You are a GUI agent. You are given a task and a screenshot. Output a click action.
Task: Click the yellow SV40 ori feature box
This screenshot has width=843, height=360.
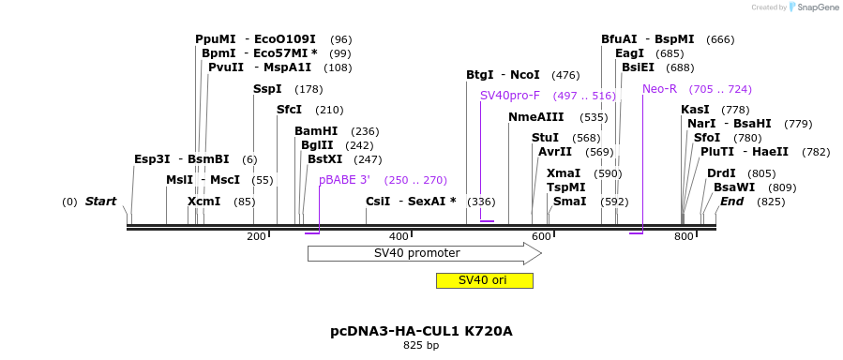(x=484, y=280)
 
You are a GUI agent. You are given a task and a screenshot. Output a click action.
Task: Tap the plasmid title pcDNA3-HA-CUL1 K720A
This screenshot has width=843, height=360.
(x=421, y=331)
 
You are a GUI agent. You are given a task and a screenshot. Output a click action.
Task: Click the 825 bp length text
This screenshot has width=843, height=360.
(x=421, y=346)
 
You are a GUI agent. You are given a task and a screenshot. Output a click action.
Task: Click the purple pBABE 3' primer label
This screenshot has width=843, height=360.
(x=344, y=180)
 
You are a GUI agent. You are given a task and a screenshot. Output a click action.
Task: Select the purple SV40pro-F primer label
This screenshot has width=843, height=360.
(x=510, y=96)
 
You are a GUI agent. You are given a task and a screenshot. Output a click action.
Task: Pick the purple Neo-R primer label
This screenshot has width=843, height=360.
(x=659, y=89)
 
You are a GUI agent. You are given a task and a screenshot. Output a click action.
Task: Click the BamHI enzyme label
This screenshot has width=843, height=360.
(x=315, y=131)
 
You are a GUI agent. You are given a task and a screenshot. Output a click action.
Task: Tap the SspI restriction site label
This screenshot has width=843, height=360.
(x=267, y=89)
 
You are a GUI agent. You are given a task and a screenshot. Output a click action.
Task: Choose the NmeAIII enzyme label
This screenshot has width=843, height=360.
(x=536, y=117)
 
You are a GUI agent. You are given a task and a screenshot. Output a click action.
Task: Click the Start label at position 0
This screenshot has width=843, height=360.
(x=100, y=202)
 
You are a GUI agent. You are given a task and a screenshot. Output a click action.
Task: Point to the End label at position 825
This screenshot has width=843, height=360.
(x=731, y=202)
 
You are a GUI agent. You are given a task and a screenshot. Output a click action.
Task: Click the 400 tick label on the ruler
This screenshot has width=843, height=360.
(x=399, y=236)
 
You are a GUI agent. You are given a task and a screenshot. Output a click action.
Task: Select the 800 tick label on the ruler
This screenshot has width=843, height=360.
(x=685, y=236)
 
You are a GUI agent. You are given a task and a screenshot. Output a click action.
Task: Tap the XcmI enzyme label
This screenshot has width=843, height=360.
(x=203, y=202)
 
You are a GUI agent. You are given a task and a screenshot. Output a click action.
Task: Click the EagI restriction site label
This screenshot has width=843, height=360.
(x=629, y=53)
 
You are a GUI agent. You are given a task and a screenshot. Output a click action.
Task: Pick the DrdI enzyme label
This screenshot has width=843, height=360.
(x=721, y=173)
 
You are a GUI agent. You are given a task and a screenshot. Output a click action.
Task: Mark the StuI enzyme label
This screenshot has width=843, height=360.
(x=545, y=138)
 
